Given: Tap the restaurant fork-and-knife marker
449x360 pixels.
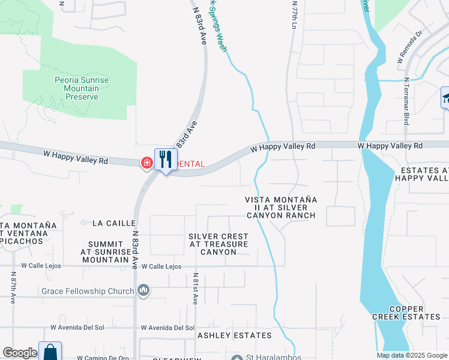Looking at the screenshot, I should [166, 160].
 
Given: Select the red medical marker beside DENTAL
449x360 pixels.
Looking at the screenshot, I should [146, 163].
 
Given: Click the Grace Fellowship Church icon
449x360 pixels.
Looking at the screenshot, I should [143, 291].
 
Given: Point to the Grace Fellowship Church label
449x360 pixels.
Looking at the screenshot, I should [88, 292].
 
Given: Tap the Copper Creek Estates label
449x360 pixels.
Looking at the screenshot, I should [414, 312].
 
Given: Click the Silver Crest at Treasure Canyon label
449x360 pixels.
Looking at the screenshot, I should [218, 244].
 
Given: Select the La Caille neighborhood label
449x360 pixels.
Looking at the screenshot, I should [114, 223].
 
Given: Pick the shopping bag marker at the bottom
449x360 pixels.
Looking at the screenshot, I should [50, 352].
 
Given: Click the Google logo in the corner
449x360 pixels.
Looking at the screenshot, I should [20, 353].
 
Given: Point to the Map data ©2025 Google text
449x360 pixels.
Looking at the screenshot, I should [412, 355].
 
